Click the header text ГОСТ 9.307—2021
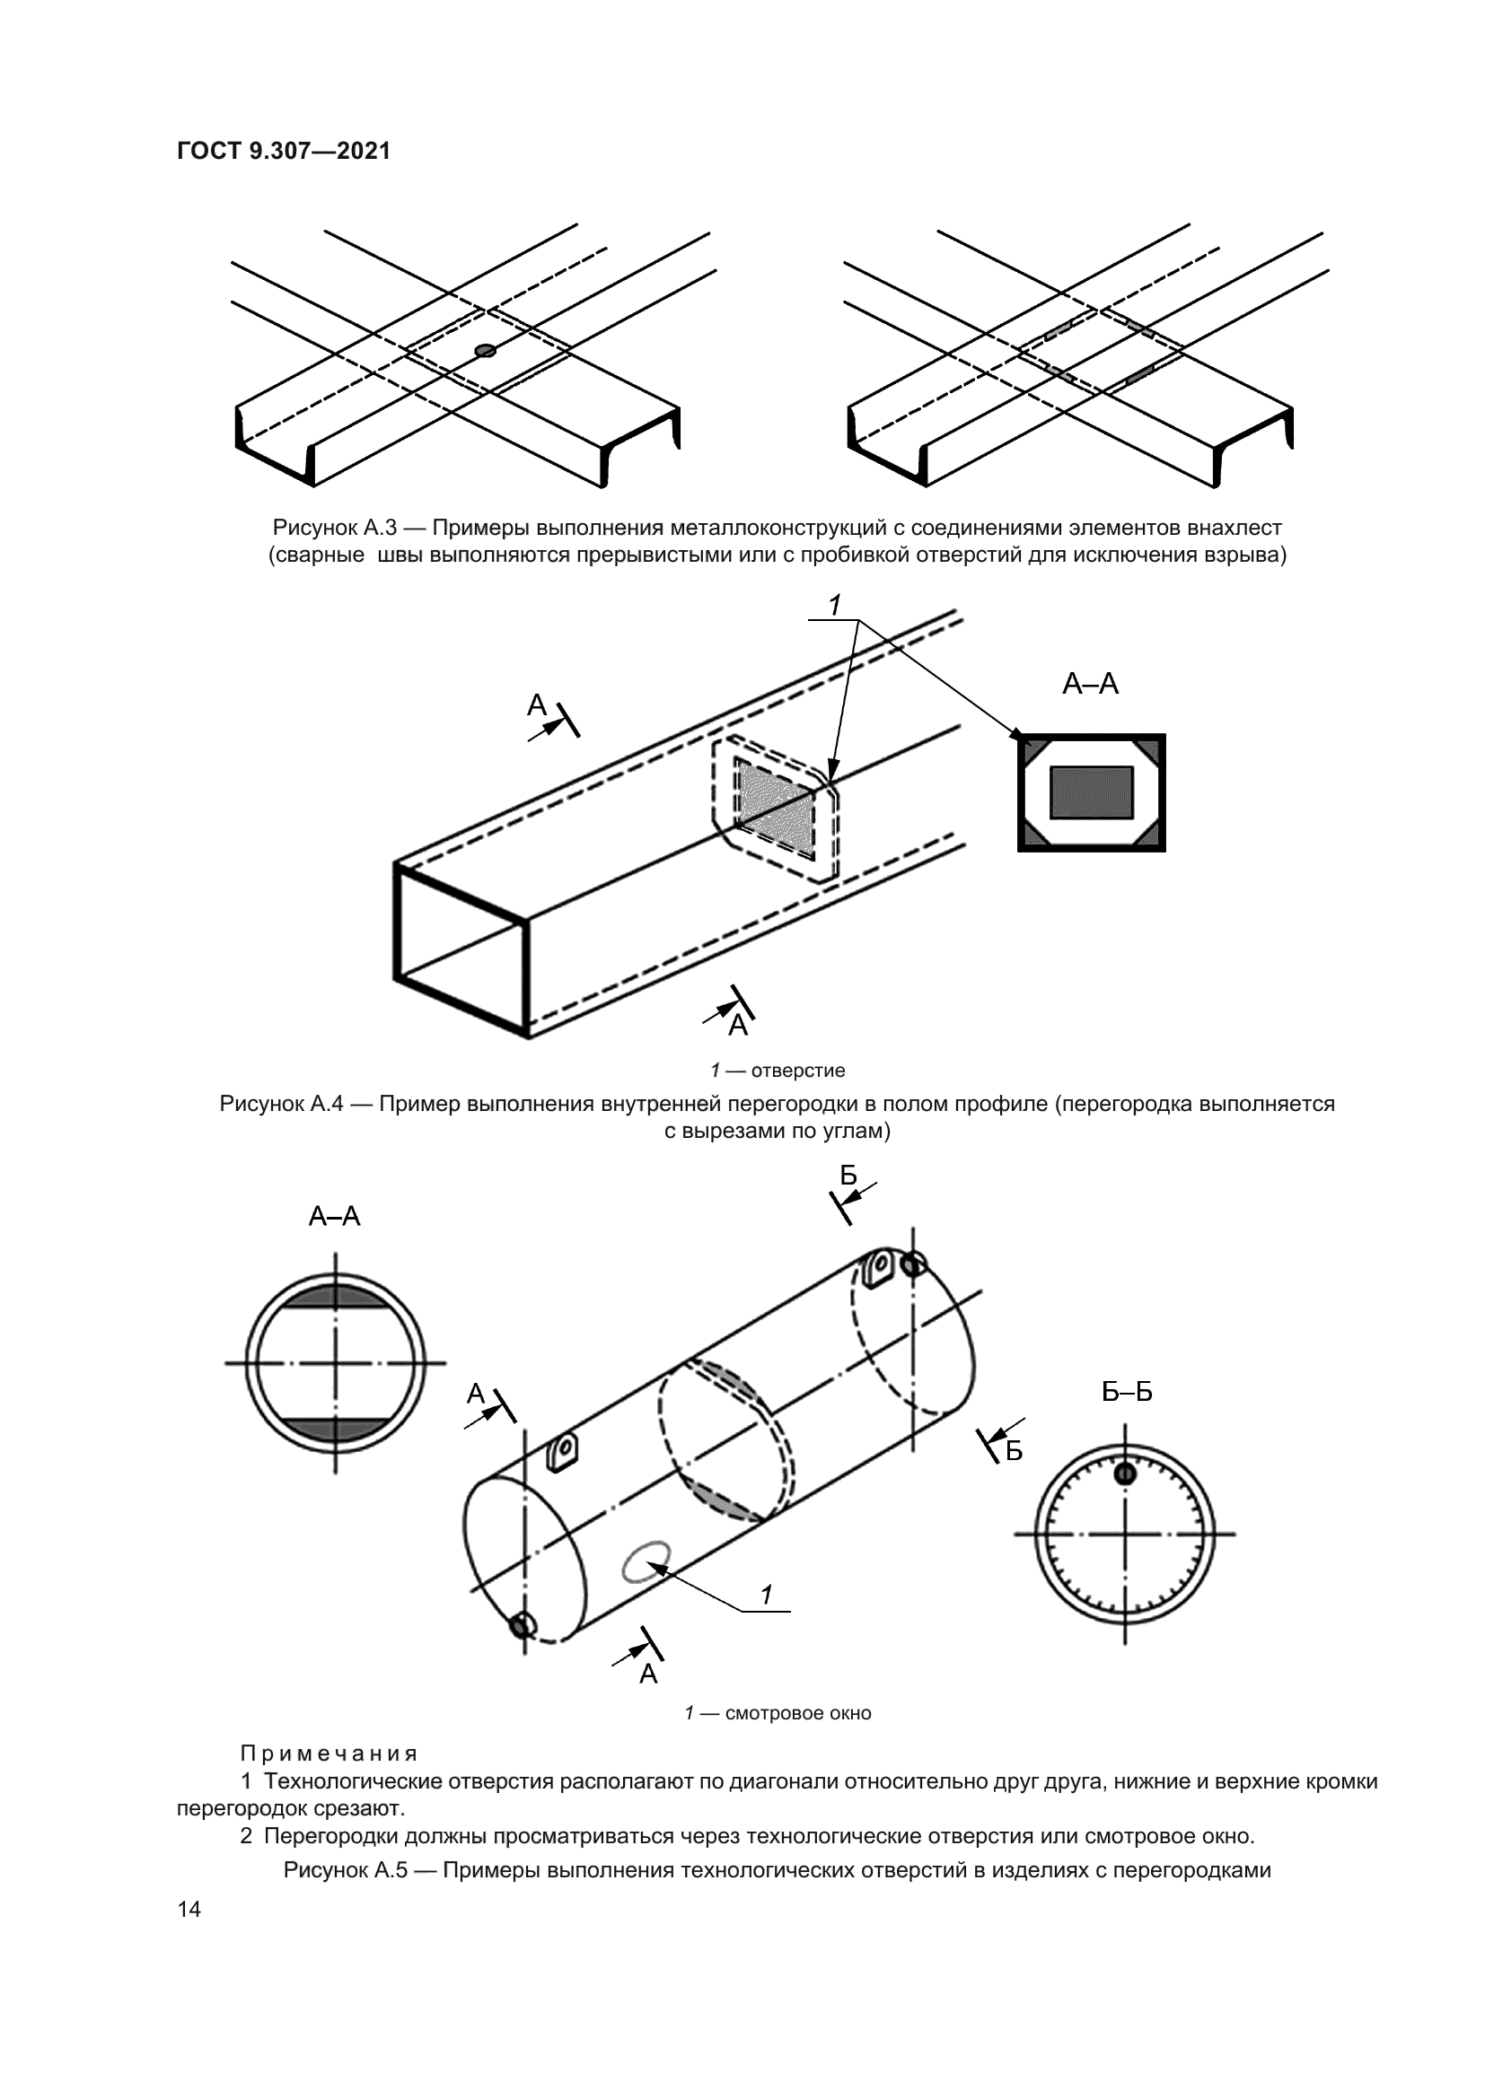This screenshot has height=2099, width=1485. click(284, 151)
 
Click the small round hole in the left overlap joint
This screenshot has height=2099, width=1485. click(486, 350)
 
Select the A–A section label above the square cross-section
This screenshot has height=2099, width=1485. click(1090, 683)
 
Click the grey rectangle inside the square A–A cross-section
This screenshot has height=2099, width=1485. click(1091, 791)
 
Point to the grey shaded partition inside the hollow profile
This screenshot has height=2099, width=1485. click(776, 809)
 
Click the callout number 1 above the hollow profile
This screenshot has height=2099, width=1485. click(834, 604)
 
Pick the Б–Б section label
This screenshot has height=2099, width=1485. click(1127, 1392)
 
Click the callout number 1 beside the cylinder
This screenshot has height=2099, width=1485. click(766, 1595)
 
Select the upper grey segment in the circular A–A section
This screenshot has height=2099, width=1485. click(336, 1297)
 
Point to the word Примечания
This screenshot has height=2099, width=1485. click(330, 1753)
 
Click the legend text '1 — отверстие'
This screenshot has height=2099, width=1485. click(778, 1070)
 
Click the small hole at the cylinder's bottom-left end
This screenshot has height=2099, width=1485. click(523, 1624)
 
